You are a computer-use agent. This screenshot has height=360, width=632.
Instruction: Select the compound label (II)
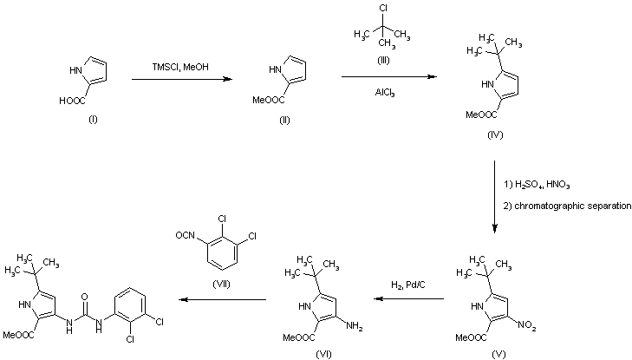point(283,119)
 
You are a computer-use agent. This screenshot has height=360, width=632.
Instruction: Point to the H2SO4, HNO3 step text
point(537,185)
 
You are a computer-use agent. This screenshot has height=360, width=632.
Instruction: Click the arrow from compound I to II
point(182,79)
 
